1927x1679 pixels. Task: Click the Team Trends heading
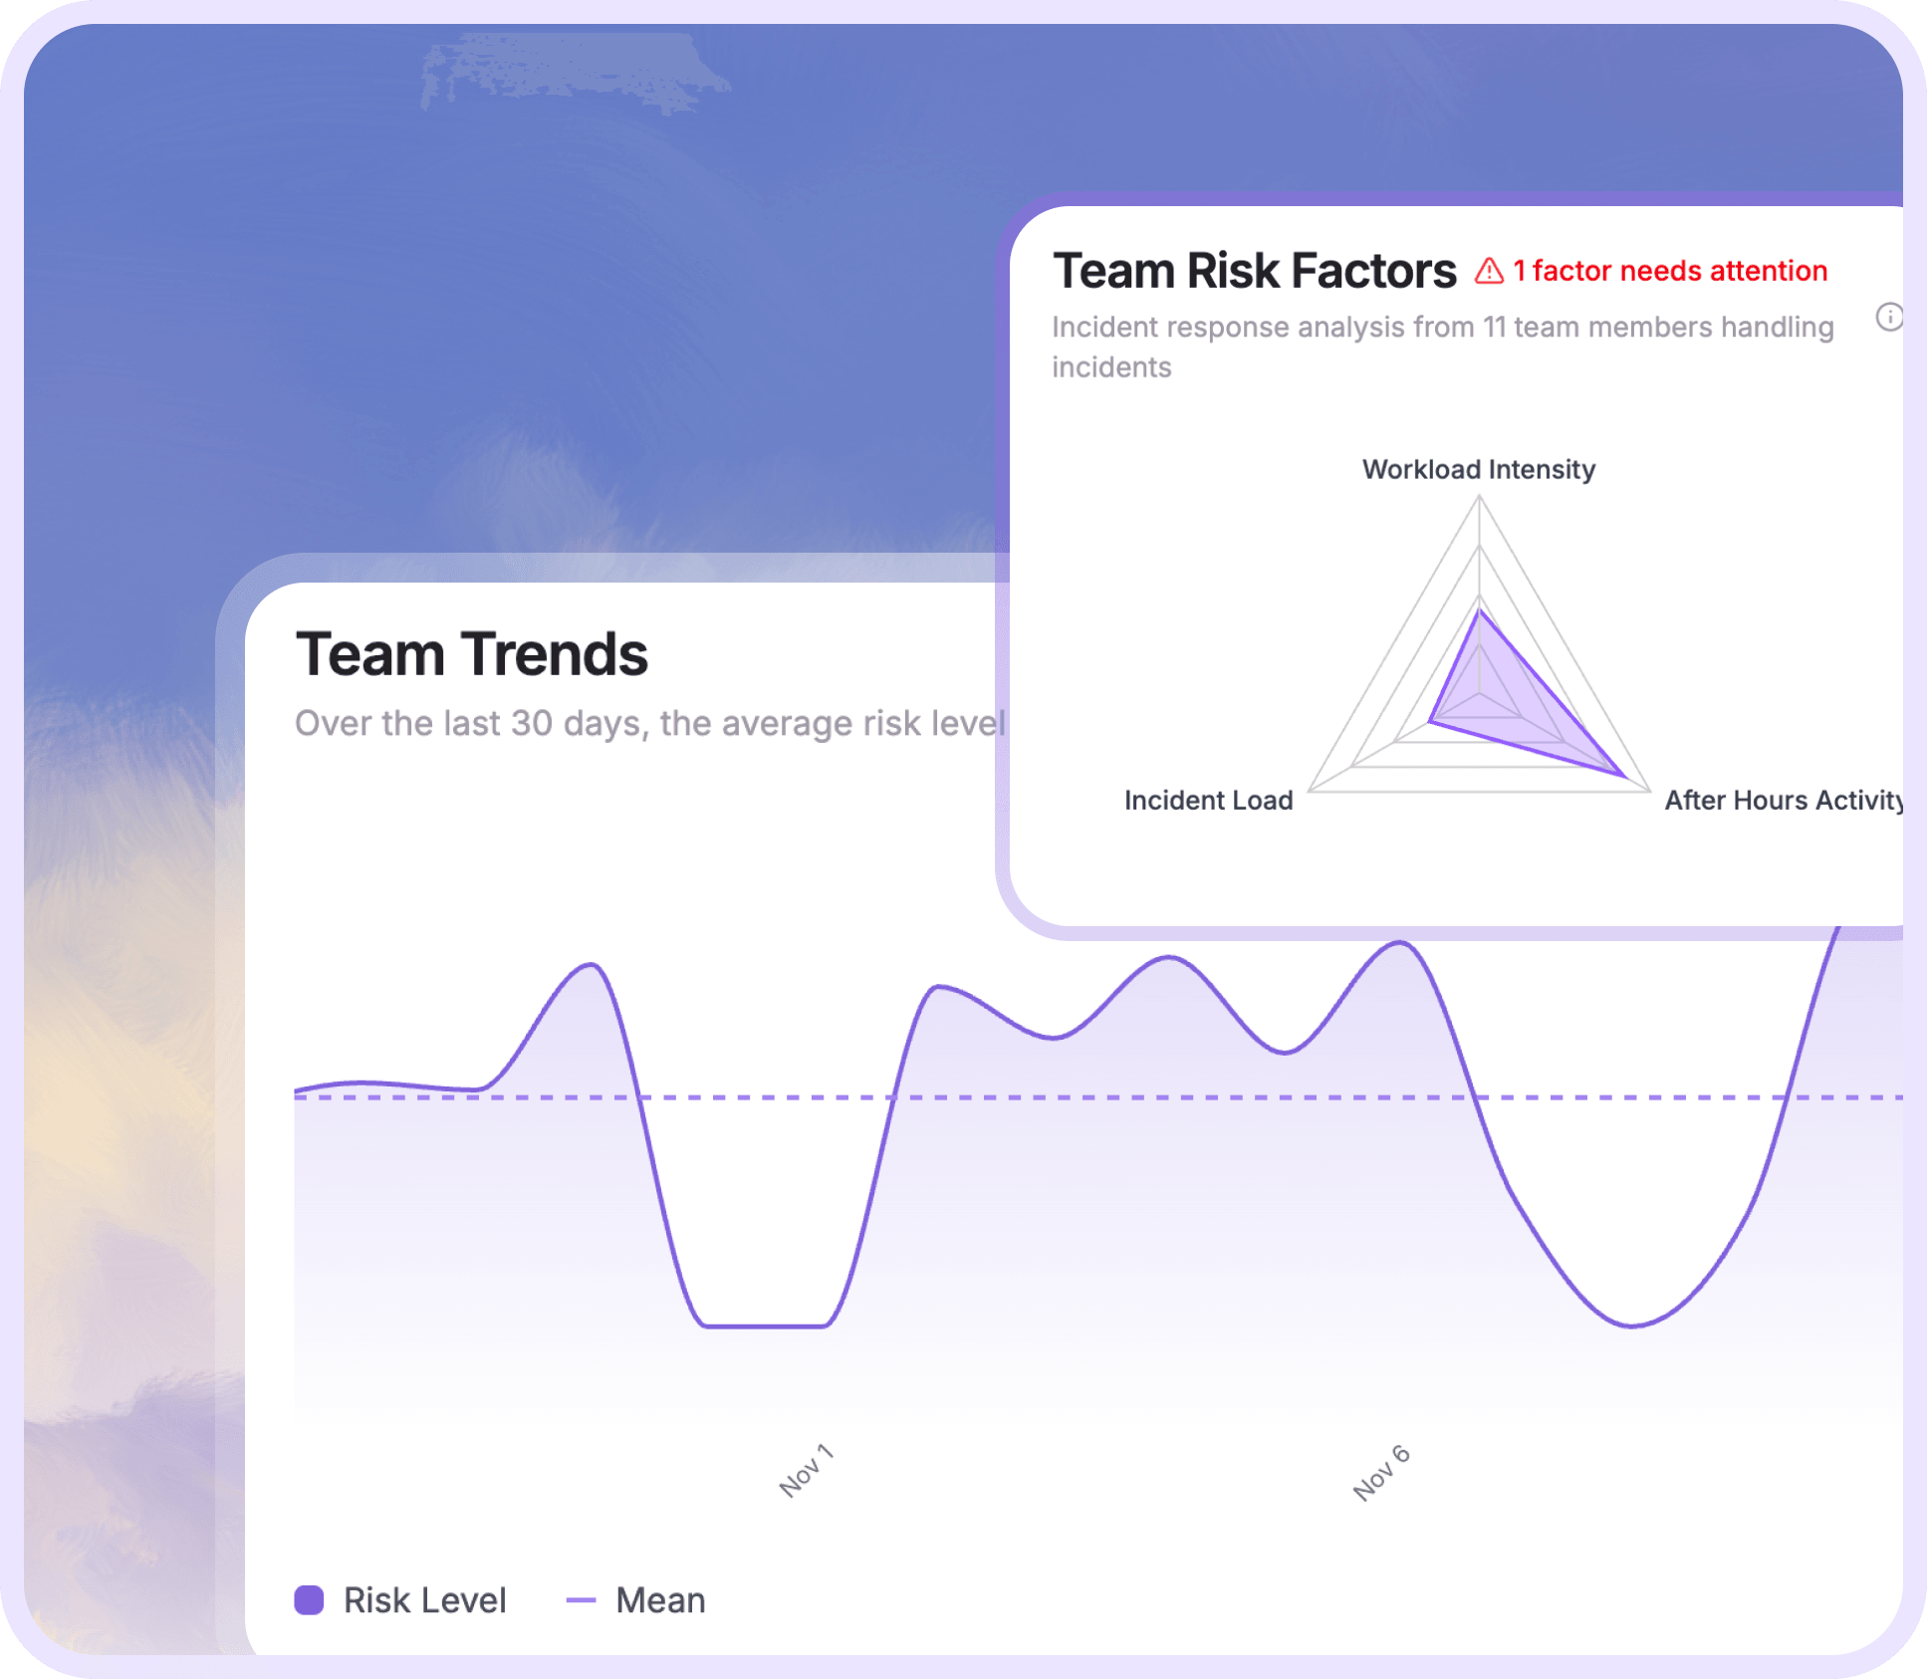[471, 655]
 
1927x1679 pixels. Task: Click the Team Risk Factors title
[1254, 271]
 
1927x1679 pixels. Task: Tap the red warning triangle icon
[1489, 271]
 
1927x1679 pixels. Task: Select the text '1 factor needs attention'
[1670, 271]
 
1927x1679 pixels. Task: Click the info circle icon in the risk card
[1888, 317]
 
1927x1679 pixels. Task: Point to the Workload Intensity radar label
[1478, 469]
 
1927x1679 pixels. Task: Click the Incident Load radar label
[1208, 800]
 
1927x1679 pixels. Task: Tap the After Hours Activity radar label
[1783, 800]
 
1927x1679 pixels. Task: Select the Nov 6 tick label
[1381, 1472]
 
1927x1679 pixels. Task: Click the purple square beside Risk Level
[309, 1600]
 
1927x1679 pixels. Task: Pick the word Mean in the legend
[660, 1600]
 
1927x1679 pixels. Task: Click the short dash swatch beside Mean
[581, 1600]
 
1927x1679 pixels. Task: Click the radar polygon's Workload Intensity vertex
[1480, 609]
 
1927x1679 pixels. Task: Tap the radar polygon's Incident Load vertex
[1430, 720]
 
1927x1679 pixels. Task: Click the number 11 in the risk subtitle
[1493, 328]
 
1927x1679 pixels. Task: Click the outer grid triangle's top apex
[1480, 497]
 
